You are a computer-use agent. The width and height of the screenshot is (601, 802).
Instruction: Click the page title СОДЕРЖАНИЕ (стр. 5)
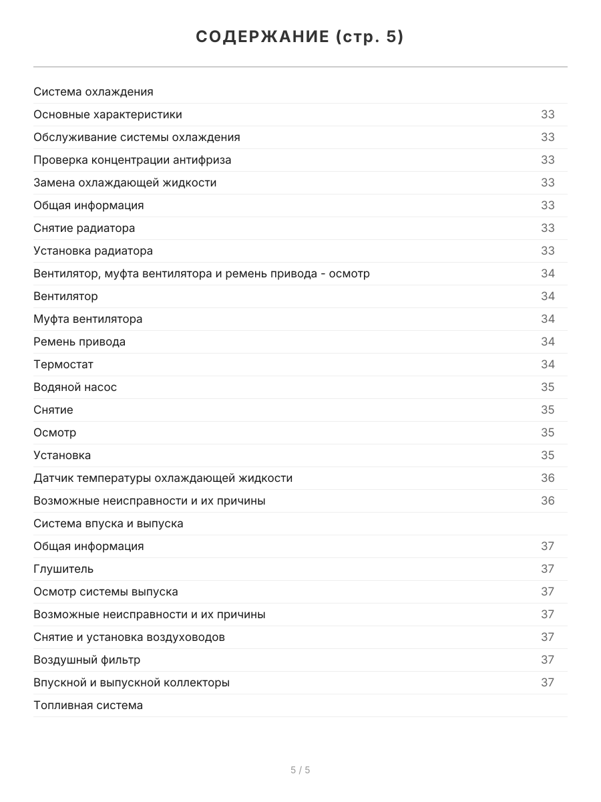[x=300, y=37]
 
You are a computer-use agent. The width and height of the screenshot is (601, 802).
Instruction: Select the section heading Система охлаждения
[x=93, y=92]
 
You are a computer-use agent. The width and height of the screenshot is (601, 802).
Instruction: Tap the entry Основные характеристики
[x=108, y=114]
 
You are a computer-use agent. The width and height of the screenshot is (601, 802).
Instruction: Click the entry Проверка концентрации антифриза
[x=132, y=160]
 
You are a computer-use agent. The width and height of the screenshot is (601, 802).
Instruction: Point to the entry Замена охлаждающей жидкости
[x=125, y=182]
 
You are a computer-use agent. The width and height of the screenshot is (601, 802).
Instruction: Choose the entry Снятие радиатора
[x=84, y=228]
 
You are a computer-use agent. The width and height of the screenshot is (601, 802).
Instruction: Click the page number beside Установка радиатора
[x=548, y=251]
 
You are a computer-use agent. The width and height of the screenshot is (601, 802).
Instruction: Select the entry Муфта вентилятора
[x=88, y=319]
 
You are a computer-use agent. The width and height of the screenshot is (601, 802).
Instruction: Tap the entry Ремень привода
[x=79, y=342]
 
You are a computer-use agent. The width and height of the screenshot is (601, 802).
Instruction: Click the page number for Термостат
[x=548, y=364]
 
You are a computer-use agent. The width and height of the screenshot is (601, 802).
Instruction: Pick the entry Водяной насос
[x=75, y=387]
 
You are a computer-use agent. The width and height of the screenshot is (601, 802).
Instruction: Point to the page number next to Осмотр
[x=548, y=432]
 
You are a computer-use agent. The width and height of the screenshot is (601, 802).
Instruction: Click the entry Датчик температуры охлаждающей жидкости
[x=163, y=478]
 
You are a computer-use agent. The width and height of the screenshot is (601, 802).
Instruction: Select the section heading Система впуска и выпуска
[x=108, y=523]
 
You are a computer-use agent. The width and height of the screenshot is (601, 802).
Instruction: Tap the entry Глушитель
[x=63, y=569]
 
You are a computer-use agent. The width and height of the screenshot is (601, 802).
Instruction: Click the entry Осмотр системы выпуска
[x=106, y=591]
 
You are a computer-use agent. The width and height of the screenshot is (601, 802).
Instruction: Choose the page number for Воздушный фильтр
[x=548, y=660]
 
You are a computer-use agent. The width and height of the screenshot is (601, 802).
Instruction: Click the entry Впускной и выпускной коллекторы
[x=132, y=682]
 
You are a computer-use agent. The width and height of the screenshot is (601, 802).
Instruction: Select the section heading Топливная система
[x=88, y=705]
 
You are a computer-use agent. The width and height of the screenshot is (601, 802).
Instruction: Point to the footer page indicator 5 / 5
[x=300, y=770]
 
